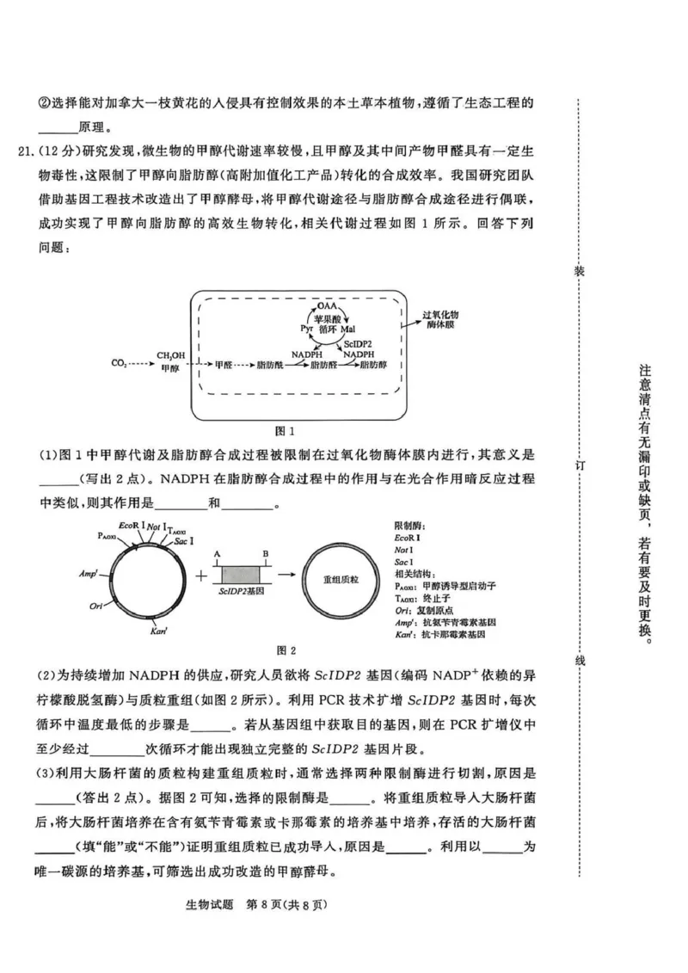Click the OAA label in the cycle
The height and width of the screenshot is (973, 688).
coord(328,306)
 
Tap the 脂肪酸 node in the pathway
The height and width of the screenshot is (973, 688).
coord(270,365)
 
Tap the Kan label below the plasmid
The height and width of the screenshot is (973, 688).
coord(158,632)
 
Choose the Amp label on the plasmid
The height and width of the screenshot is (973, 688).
coord(89,572)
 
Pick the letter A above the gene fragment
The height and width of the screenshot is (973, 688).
coord(218,554)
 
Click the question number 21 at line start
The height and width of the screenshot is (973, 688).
coord(24,153)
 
